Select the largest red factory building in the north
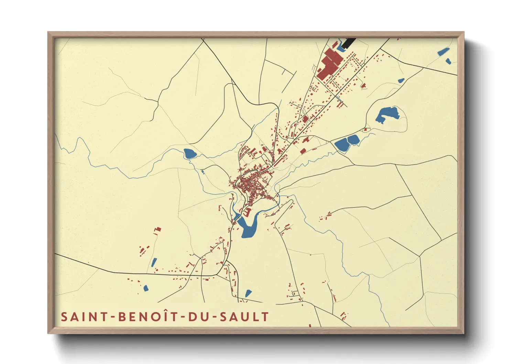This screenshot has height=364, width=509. pos(328,64)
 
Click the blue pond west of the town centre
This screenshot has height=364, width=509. pos(189,153)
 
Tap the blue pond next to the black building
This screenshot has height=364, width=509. pos(340,48)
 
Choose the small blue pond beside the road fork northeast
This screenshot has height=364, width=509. pos(401,81)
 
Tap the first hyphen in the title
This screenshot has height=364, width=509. pos(113,317)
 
